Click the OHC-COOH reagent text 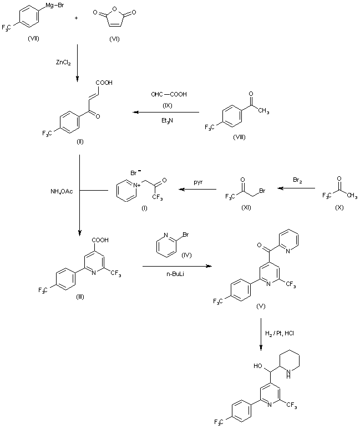(x=169, y=94)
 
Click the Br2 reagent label (x=298, y=180)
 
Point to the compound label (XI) (x=247, y=206)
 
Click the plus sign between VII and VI (x=76, y=18)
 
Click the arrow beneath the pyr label (x=197, y=190)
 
